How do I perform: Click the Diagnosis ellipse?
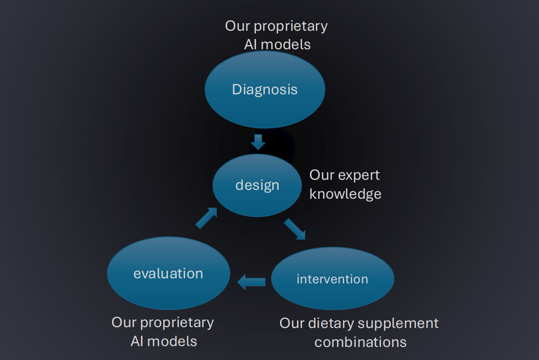click(265, 89)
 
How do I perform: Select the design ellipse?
click(257, 185)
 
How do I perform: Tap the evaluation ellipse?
click(168, 273)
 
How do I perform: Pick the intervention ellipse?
click(332, 279)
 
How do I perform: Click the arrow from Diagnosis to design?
click(258, 142)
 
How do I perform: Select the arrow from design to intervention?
click(295, 229)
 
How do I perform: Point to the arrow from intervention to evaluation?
click(251, 282)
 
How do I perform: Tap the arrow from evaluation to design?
click(206, 218)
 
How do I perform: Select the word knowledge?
click(345, 194)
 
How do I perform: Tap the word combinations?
click(360, 342)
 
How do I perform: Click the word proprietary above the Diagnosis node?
click(291, 26)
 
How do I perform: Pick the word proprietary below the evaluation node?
click(177, 323)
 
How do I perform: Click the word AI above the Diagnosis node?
click(251, 45)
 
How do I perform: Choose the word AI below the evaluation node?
click(137, 341)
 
